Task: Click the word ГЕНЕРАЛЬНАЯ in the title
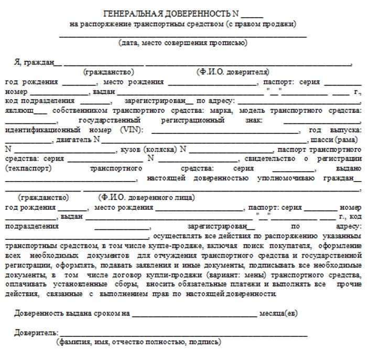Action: (132, 14)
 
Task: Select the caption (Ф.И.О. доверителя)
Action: (233, 71)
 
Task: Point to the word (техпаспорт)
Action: (27, 168)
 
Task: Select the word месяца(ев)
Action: (278, 313)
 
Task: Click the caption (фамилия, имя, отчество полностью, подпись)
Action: (138, 342)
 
